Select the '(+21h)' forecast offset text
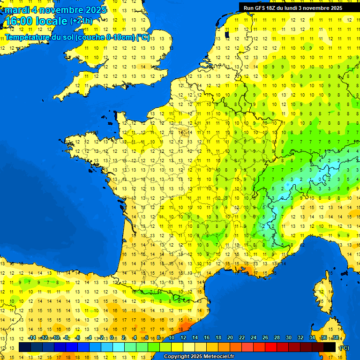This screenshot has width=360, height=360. (82, 21)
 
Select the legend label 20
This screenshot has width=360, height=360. (230, 337)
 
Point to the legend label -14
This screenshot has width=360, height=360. (32, 337)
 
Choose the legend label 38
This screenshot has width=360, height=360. (336, 337)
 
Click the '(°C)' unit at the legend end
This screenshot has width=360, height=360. (345, 347)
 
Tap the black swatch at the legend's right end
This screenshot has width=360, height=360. (330, 347)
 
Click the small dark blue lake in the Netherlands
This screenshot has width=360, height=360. (227, 34)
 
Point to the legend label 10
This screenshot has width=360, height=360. (172, 337)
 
